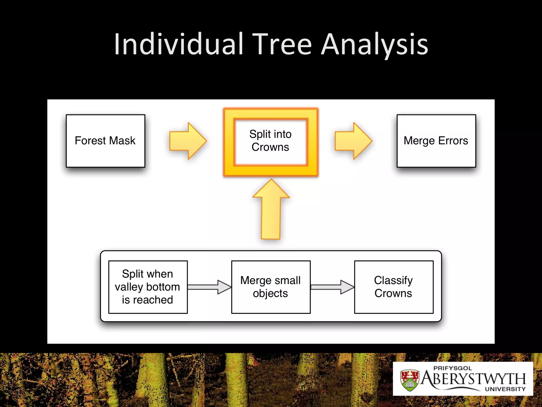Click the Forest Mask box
105,141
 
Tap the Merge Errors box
436,141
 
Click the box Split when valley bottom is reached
148,287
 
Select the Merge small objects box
271,287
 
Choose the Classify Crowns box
394,287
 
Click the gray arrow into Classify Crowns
332,287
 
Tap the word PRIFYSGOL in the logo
453,368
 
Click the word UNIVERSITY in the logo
505,389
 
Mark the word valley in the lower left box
129,287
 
